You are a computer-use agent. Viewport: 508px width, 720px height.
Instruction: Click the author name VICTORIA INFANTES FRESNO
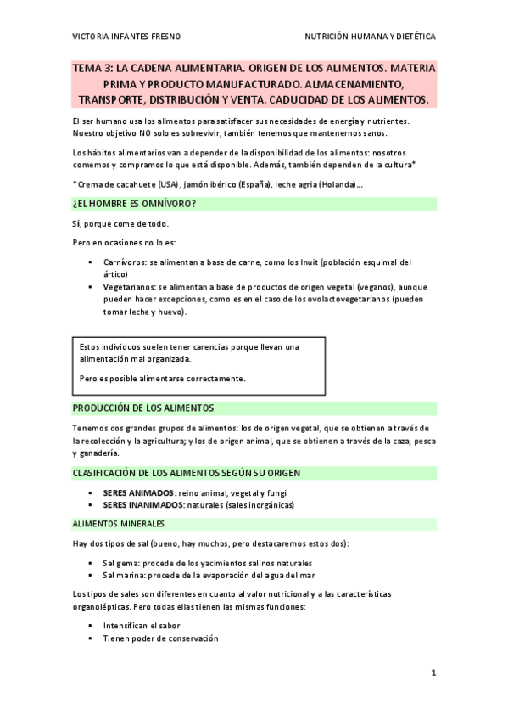click(x=126, y=38)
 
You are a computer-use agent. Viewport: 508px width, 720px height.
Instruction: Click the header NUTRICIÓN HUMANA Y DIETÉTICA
click(x=371, y=38)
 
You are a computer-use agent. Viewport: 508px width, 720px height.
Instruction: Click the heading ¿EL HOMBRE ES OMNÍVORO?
click(x=135, y=204)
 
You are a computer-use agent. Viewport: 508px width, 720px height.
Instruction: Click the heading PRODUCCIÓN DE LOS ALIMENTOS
click(x=142, y=408)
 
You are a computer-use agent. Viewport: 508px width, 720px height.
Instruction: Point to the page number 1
click(x=433, y=672)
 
